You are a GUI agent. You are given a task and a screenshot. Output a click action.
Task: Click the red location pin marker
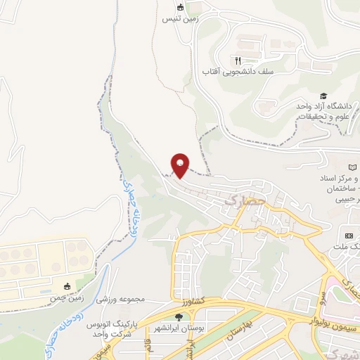tap(181, 165)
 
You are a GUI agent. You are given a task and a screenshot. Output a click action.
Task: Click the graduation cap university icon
tap(323, 96)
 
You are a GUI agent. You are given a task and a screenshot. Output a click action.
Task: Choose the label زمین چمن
tap(90, 297)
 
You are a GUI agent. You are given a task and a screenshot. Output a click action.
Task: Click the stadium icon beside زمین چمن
tap(67, 286)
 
